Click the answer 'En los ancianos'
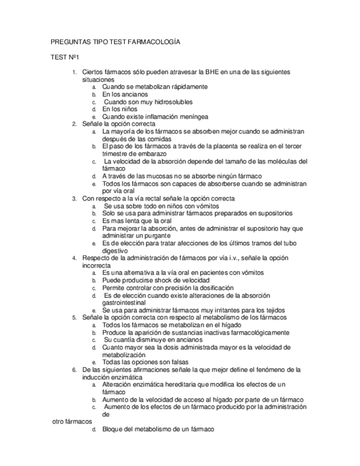click(x=125, y=95)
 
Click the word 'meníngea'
click(x=192, y=116)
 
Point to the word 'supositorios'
click(x=273, y=213)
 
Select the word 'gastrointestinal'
click(x=124, y=302)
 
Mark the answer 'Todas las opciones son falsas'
click(x=145, y=362)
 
